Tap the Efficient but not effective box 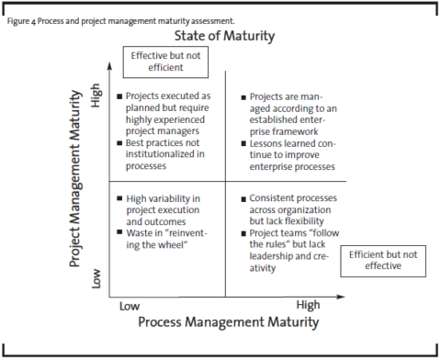click(x=382, y=263)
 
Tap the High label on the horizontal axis click(x=309, y=304)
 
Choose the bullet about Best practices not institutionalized click(x=166, y=154)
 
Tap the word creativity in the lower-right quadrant click(x=266, y=271)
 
